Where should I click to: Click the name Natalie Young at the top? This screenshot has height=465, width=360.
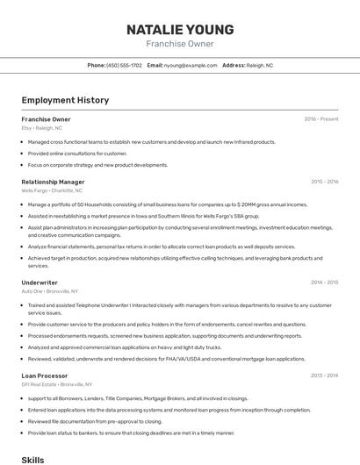180,28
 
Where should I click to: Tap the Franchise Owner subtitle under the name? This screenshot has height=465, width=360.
180,43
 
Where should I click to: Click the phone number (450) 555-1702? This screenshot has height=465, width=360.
124,65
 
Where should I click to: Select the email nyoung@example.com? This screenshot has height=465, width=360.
191,65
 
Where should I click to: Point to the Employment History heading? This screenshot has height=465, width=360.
65,100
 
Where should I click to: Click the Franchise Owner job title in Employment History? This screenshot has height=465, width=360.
46,119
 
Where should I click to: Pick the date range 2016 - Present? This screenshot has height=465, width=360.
320,119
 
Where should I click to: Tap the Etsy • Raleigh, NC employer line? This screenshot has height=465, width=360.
42,128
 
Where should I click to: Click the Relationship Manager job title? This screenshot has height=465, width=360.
53,182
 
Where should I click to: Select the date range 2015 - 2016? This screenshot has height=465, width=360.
324,182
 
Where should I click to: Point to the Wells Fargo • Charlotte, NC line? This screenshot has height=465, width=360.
52,190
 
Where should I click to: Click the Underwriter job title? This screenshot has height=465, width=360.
40,283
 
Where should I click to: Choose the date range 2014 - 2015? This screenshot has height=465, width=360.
324,283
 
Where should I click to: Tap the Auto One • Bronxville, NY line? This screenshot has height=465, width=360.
50,291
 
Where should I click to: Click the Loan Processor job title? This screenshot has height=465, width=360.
45,376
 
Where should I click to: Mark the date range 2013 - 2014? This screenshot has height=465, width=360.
324,376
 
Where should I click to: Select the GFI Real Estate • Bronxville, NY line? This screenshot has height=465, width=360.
57,384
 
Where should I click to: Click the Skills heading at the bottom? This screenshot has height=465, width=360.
32,458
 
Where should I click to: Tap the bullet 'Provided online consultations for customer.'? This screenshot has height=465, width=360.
77,154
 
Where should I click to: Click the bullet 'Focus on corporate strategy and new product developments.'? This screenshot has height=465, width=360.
97,165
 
